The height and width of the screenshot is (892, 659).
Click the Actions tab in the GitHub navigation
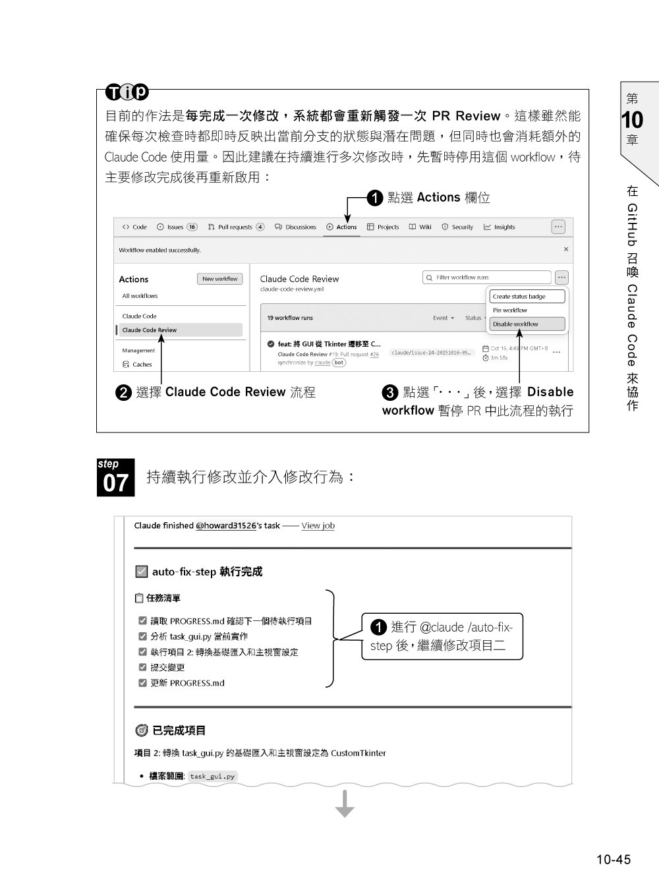point(342,227)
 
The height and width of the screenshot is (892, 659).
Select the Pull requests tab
point(235,227)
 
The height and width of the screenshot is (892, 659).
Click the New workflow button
point(220,279)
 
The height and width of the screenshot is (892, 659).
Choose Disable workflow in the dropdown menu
point(527,324)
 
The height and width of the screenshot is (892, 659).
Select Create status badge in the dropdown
point(527,297)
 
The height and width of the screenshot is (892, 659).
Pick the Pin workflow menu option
point(510,310)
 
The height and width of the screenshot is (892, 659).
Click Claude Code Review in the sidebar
point(150,330)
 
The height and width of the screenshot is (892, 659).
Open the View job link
point(318,525)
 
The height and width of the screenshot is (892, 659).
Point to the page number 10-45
point(614,859)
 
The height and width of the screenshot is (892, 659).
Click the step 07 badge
point(116,477)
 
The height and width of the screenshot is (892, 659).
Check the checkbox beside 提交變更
point(142,667)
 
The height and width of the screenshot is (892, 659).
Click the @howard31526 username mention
point(225,525)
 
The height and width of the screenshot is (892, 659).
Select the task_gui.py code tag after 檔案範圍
point(212,776)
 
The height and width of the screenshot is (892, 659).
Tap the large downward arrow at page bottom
point(345,804)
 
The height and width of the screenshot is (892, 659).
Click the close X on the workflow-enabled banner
point(565,249)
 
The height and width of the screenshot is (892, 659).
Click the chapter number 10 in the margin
point(632,120)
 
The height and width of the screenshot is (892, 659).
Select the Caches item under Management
point(142,364)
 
